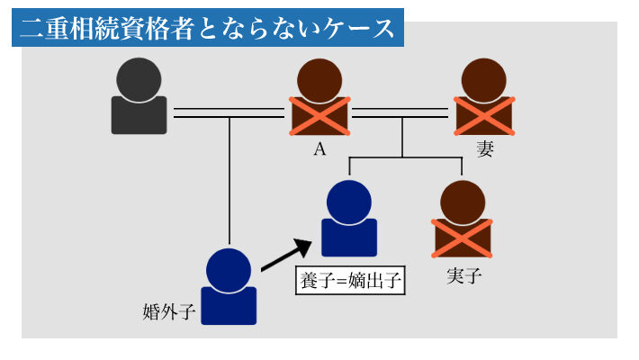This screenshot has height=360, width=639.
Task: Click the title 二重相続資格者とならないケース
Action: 207,28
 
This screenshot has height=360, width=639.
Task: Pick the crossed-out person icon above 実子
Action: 463,220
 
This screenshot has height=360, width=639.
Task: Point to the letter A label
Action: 319,149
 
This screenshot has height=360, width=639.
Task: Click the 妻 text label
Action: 485,149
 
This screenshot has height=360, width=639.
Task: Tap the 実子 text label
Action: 463,275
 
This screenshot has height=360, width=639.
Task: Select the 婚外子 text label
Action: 169,312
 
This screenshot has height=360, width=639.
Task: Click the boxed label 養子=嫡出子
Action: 350,280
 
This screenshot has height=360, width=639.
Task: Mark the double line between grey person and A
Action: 229,113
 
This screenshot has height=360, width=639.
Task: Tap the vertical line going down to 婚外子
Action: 229,180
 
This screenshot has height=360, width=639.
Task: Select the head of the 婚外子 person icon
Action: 229,267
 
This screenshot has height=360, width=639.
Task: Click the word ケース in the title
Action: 364,28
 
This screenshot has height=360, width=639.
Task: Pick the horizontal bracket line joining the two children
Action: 405,157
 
